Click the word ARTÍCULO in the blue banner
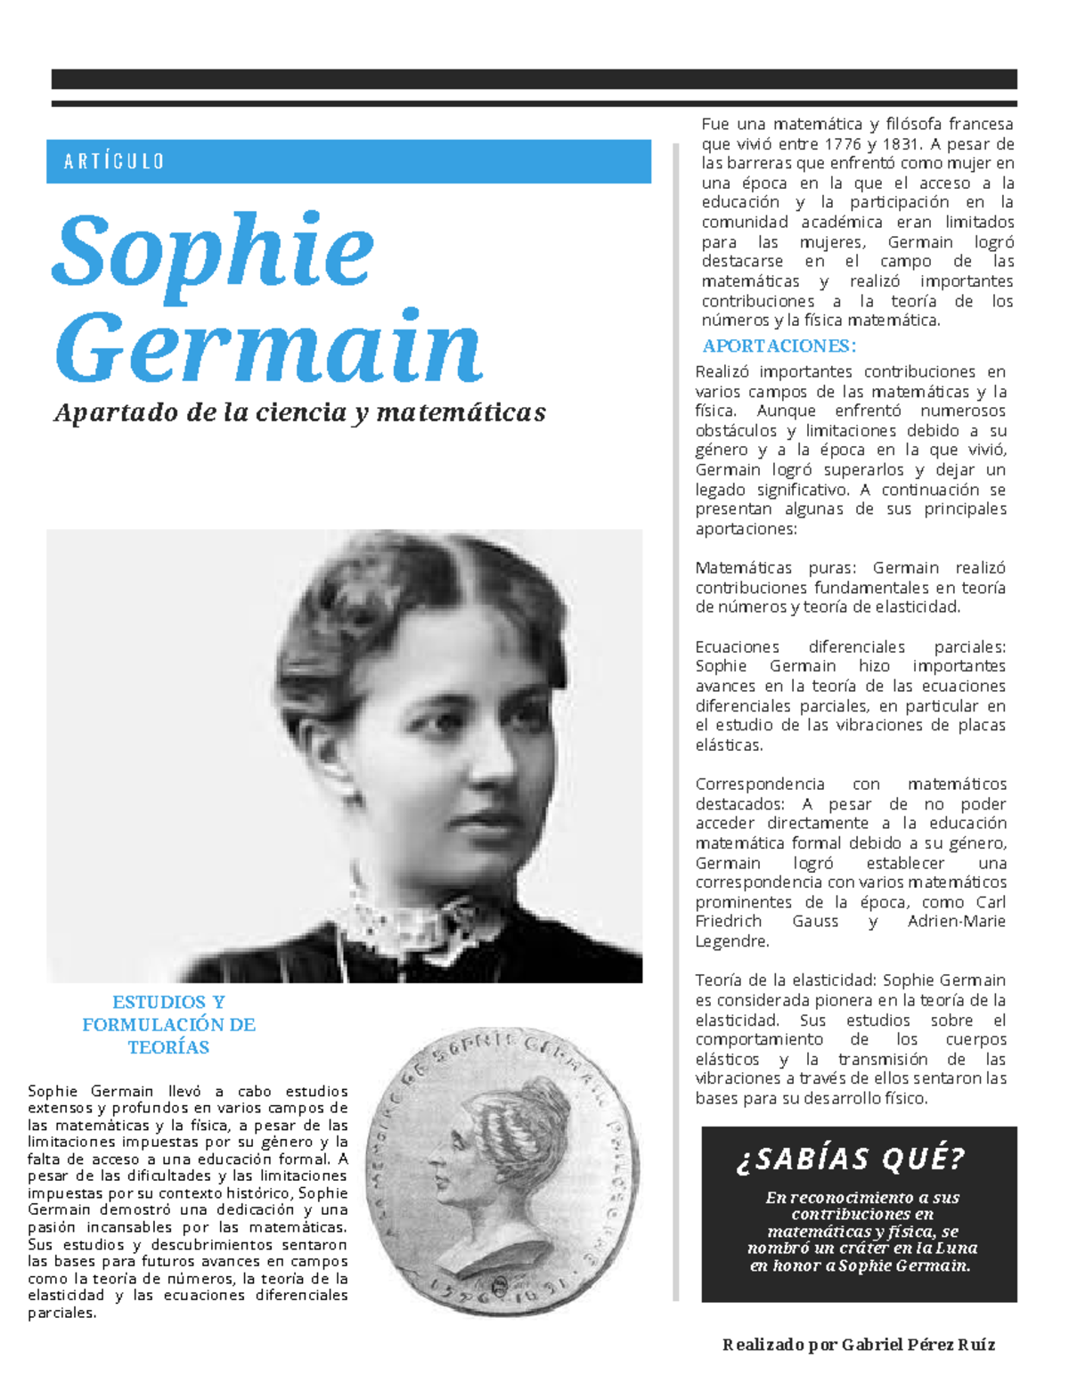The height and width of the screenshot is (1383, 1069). click(x=114, y=161)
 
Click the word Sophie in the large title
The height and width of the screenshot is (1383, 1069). click(x=214, y=252)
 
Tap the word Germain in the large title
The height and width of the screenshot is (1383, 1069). click(x=269, y=348)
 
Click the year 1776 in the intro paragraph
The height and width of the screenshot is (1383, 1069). click(x=842, y=144)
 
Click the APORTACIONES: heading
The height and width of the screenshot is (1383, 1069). click(x=779, y=346)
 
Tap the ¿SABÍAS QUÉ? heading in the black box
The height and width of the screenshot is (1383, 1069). click(x=850, y=1159)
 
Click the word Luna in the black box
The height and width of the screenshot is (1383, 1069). click(x=958, y=1248)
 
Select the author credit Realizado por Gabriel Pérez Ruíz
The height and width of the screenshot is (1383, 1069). click(x=859, y=1344)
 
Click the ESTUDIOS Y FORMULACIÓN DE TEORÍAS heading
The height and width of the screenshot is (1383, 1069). click(x=168, y=1024)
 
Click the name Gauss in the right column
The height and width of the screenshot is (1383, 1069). click(x=814, y=921)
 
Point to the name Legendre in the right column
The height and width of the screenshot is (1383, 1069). click(x=730, y=941)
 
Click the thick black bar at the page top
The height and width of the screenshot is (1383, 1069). click(x=534, y=79)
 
